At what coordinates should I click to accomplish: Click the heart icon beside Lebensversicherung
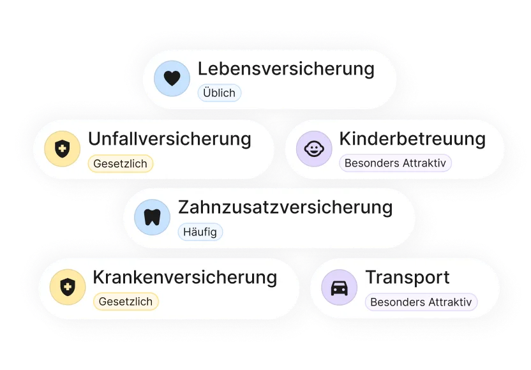coord(172,78)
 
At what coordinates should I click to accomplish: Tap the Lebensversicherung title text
coord(286,69)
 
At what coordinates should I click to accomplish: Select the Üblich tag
coord(220,93)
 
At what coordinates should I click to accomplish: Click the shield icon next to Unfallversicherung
coord(63,149)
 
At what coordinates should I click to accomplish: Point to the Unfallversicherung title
coord(170,139)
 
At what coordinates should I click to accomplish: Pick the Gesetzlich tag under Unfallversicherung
coord(121,163)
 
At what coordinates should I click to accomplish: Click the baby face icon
coord(314,149)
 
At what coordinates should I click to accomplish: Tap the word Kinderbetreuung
coord(412,139)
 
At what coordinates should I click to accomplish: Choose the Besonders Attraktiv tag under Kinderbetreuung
coord(395,163)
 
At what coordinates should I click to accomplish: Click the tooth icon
coord(153,218)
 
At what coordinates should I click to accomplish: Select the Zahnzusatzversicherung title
coord(285,207)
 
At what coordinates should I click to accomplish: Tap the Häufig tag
coord(200,232)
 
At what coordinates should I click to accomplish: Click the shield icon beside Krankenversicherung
coord(68,287)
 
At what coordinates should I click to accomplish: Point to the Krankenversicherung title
coord(185,277)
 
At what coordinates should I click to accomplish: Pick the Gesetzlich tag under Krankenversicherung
coord(126,302)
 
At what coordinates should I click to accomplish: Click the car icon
coord(340,288)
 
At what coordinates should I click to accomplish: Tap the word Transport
coord(407,277)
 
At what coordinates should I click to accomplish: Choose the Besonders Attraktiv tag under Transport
coord(421,302)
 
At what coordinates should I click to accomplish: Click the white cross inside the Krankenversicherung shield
coord(68,286)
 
